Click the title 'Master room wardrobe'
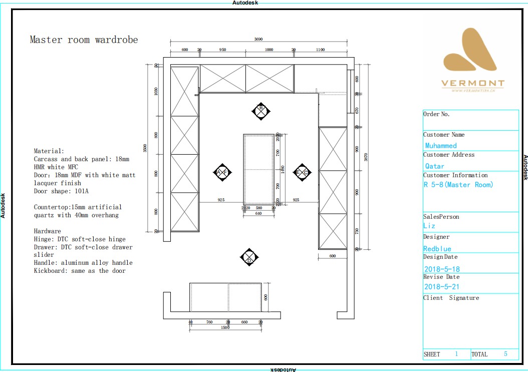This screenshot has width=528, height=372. coord(84,40)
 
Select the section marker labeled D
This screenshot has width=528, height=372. coord(249,257)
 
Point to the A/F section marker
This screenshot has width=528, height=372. coord(222,172)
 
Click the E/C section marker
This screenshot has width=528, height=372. coord(302,172)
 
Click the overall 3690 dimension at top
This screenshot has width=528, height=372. coord(258,39)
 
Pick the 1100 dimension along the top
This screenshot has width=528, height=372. coord(320,50)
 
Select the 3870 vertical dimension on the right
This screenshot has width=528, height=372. coord(366,157)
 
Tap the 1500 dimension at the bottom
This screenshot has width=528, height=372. coord(225,327)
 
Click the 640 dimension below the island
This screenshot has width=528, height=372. coord(258,213)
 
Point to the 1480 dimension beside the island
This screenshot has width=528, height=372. coord(282,169)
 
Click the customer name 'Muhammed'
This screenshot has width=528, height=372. coord(441,146)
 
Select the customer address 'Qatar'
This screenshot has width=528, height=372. coord(434,166)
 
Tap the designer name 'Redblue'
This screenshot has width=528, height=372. coord(437,249)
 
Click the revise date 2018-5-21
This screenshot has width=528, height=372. coord(441,287)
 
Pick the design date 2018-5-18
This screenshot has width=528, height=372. coord(441,269)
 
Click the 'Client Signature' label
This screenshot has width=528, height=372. coord(451,298)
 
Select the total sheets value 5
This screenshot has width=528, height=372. coord(505,354)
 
